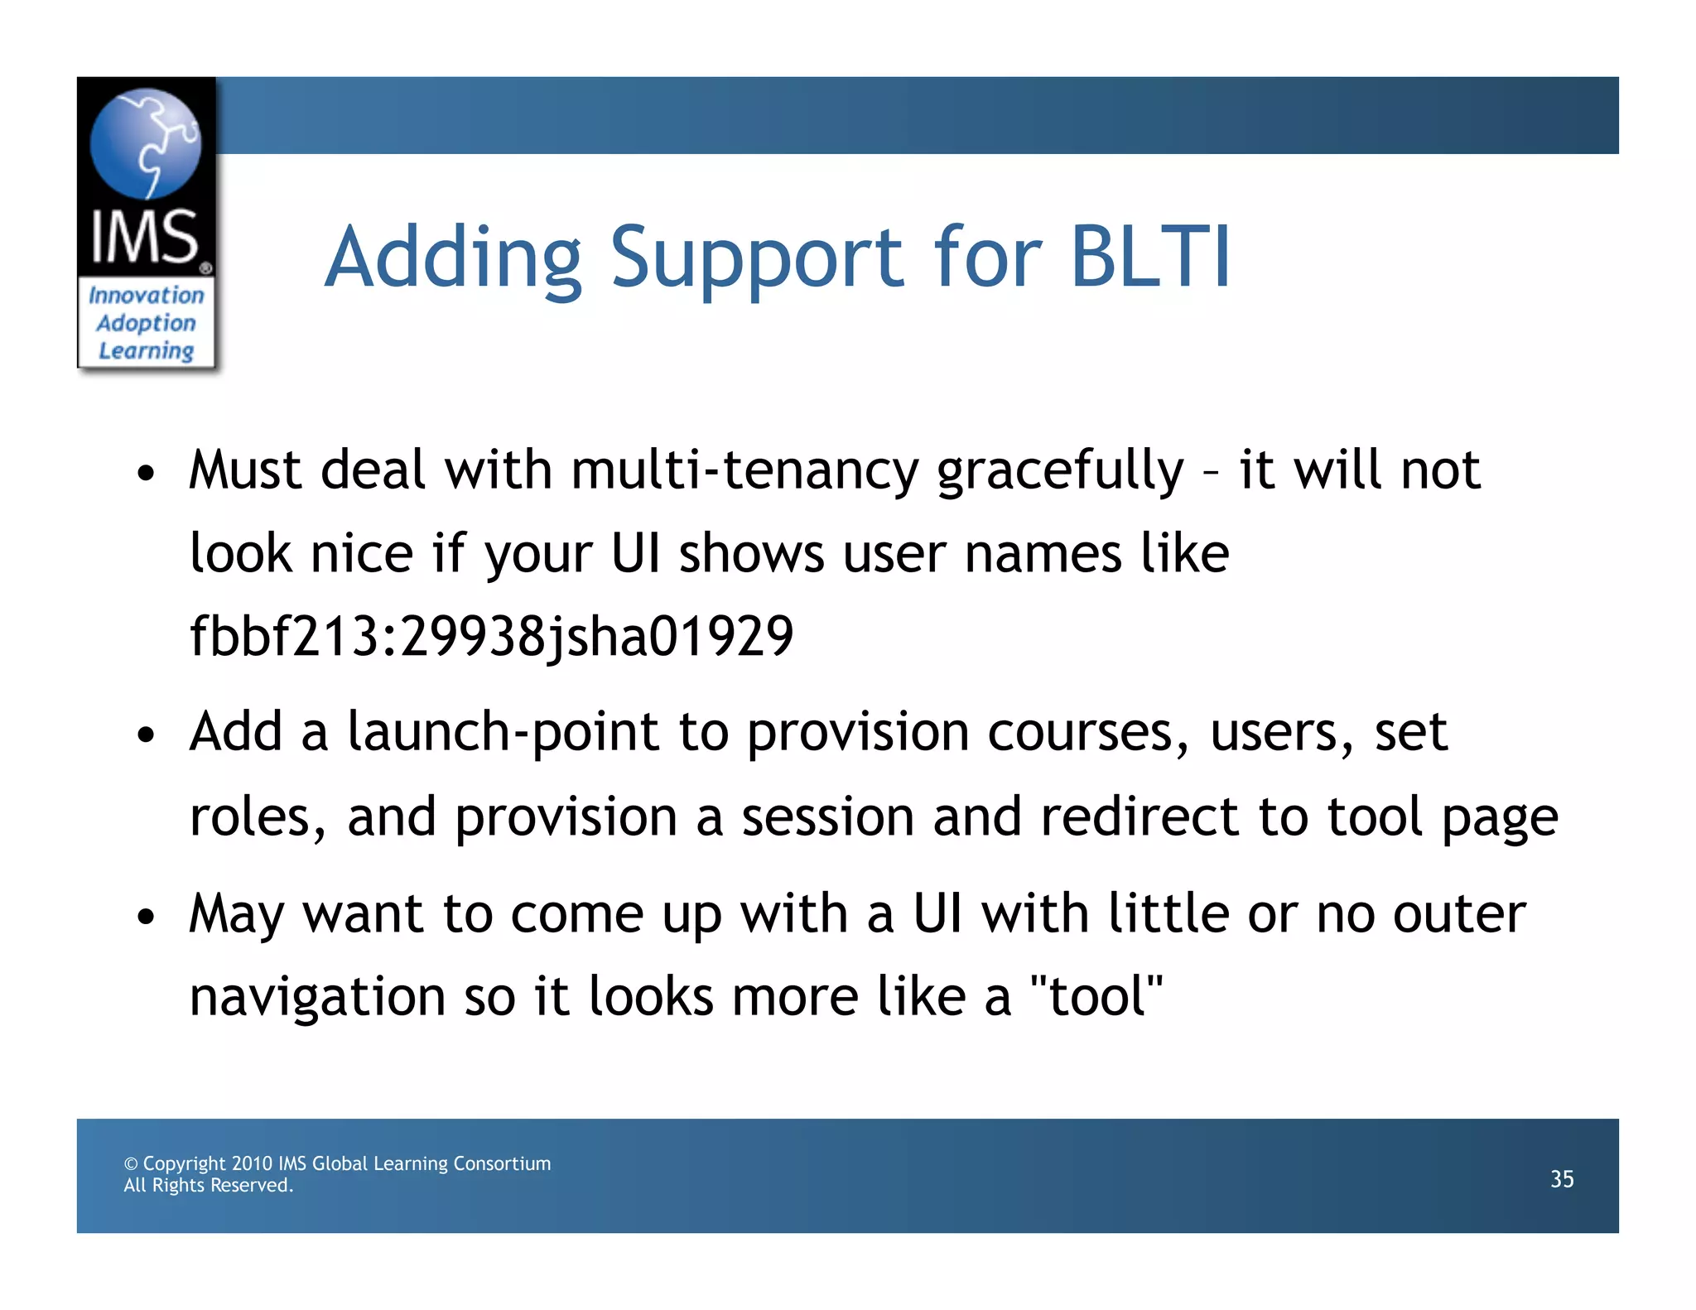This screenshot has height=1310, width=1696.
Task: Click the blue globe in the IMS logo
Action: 145,143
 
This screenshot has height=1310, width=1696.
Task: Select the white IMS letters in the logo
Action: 145,237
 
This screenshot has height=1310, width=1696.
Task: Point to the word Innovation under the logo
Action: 147,296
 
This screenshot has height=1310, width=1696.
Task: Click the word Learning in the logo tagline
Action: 147,351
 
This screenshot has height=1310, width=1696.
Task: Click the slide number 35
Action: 1562,1178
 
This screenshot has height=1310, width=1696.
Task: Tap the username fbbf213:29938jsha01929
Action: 492,636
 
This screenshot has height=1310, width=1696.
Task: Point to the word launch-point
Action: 503,733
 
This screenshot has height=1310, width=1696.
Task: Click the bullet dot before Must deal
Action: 147,474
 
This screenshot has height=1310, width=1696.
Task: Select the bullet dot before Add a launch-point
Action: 147,735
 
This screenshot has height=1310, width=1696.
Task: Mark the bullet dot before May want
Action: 147,917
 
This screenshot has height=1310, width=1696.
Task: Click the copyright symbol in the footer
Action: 131,1163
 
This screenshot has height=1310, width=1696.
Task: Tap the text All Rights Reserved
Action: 209,1186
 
